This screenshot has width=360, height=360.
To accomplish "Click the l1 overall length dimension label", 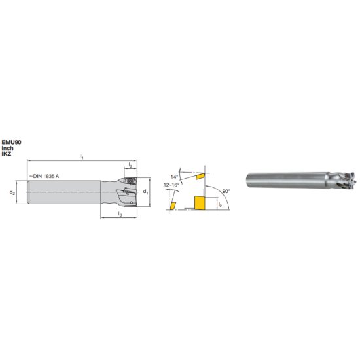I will click(82, 156).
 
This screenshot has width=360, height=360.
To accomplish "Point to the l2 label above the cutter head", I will click(131, 166).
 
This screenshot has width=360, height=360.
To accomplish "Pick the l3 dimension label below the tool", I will click(118, 214).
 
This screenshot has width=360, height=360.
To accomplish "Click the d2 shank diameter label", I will click(12, 192).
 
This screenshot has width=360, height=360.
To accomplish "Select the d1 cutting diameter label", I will click(146, 192).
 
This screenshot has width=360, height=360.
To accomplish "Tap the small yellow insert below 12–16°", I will click(173, 206).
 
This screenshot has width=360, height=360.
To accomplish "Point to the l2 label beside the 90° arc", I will click(220, 206).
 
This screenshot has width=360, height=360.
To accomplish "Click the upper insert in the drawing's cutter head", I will click(129, 178).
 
